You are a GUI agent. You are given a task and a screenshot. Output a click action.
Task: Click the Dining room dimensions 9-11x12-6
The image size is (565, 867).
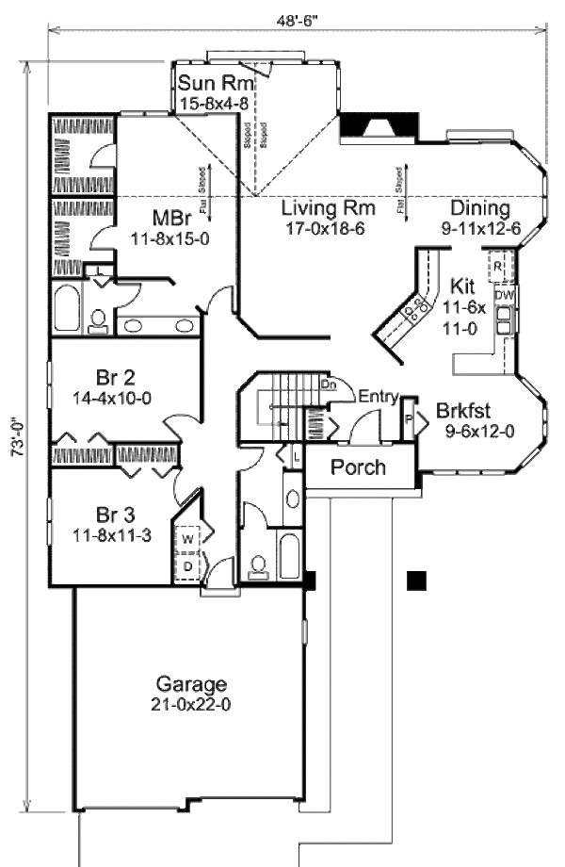pos(480,227)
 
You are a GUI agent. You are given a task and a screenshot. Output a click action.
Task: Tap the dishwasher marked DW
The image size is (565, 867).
pos(505,295)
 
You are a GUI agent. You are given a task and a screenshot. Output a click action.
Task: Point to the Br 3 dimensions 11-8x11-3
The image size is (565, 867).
pos(118,534)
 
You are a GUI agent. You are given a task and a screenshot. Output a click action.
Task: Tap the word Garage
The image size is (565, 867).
pos(192,684)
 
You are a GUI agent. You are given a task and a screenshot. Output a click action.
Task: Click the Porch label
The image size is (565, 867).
pos(359,466)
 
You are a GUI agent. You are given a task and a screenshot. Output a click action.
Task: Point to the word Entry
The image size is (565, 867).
pos(378,397)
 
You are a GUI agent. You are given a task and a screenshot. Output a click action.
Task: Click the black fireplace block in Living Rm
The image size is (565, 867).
pos(378,125)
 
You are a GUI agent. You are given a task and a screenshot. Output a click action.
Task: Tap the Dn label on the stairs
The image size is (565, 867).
pos(331,384)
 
